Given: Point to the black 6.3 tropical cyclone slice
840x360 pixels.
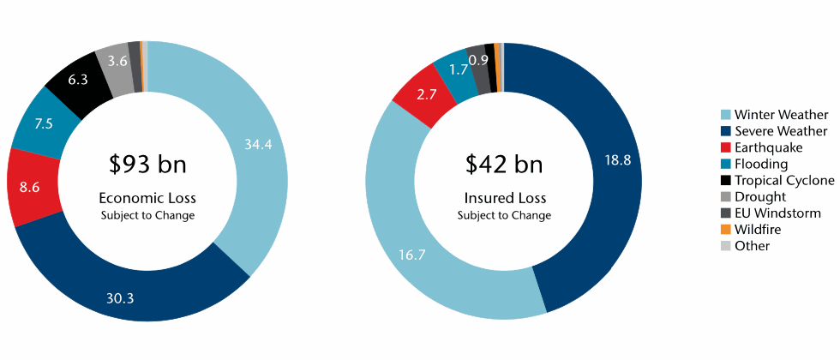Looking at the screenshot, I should click(78, 79).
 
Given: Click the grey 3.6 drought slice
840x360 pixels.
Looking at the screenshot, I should click(117, 61).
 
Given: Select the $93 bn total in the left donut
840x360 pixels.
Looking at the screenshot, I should click(147, 164).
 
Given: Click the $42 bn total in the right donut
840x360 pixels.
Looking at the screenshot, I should click(503, 164).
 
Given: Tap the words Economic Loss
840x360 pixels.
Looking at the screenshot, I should click(147, 198).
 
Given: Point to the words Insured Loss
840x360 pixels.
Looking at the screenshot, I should click(503, 198).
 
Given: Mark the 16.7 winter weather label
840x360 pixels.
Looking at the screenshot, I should click(413, 253).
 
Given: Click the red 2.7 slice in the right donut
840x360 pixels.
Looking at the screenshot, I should click(426, 95).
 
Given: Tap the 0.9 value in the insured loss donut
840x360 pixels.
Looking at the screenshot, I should click(479, 60).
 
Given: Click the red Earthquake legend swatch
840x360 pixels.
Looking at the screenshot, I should click(725, 147).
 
